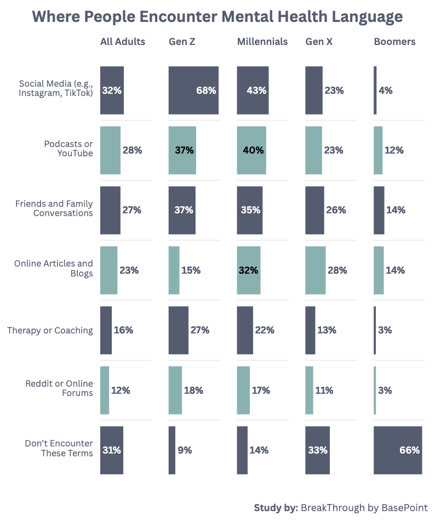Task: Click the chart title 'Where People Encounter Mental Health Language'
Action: point(217,16)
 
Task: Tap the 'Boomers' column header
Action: point(394,42)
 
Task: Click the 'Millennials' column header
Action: point(262,42)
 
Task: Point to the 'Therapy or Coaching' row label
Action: point(50,330)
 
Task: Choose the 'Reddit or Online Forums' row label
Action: point(59,388)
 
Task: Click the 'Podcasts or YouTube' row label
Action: point(68,149)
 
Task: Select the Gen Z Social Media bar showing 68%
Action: point(193,90)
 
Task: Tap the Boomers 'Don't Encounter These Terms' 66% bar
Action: point(398,450)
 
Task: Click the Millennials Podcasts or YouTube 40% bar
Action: point(251,150)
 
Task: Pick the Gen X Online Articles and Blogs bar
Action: point(315,270)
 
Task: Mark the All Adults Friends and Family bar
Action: point(110,210)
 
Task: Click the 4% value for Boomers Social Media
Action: point(386,90)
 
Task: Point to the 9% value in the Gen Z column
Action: point(185,450)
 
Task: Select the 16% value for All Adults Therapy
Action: point(123,330)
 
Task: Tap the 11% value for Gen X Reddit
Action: point(324,390)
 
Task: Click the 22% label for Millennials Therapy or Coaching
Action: point(265,330)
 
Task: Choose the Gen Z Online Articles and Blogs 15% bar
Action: point(174,270)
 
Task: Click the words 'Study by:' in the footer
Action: point(276,507)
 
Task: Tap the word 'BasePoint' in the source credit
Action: point(404,507)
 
